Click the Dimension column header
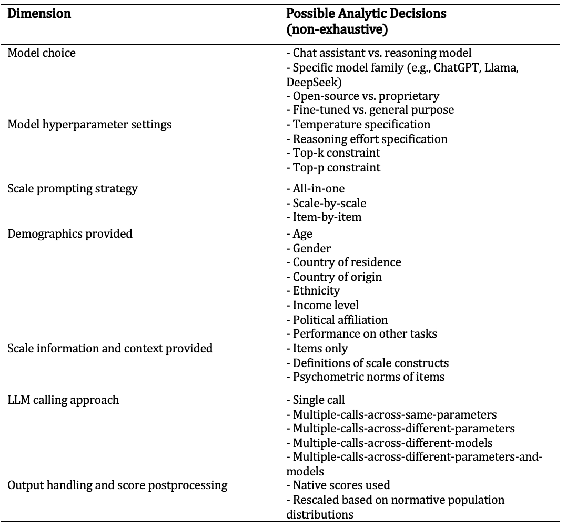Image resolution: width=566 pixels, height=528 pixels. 39,14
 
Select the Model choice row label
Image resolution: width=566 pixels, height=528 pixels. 42,53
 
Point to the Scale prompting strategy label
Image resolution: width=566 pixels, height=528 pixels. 73,188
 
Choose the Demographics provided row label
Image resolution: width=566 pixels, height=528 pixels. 70,233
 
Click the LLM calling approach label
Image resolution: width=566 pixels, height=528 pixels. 63,400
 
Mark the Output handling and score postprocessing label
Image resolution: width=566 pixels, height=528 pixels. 117,485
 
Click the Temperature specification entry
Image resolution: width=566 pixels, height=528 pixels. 358,125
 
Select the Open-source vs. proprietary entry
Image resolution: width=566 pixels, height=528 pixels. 362,96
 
